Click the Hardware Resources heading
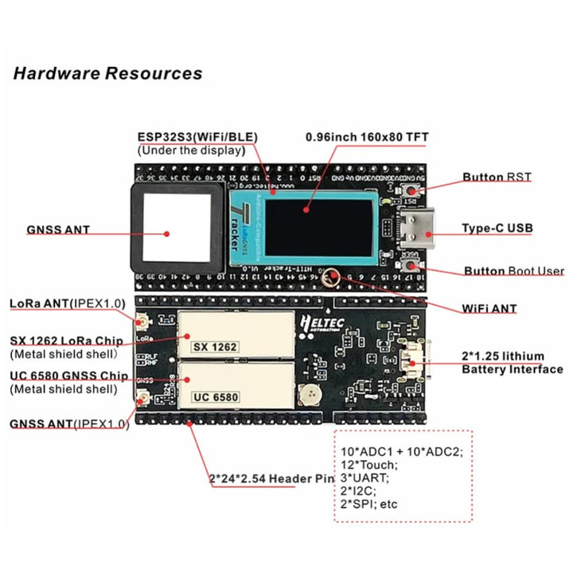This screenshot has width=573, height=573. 107,74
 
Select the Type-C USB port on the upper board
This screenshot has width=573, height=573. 421,227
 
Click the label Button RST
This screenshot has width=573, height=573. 497,177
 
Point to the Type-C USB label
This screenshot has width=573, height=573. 497,228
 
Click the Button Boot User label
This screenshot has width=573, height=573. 513,271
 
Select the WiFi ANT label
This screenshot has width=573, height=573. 489,309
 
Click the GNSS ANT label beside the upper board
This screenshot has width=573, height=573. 58,230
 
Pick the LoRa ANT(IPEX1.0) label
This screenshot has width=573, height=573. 67,303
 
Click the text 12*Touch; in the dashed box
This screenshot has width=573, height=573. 368,465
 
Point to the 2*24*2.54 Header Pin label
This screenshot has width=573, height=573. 271,478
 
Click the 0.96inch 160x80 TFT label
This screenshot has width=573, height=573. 367,138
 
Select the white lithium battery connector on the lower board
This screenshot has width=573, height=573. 415,364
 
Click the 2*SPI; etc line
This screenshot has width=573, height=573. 369,504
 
